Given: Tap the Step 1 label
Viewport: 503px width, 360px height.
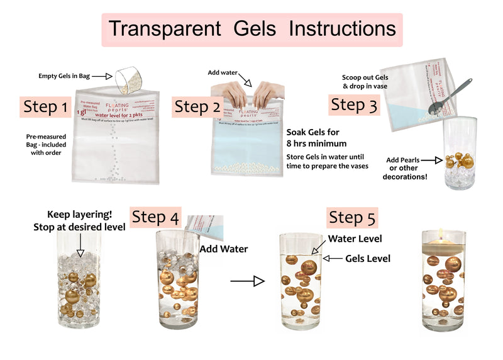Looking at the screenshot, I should pos(46,107).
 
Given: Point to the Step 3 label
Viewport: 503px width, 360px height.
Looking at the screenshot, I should pos(355,104).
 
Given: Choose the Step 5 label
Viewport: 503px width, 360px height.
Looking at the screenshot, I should pos(353,218).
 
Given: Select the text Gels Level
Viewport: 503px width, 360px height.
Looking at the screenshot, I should pos(368,258).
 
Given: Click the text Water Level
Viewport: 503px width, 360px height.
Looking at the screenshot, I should pos(355,239).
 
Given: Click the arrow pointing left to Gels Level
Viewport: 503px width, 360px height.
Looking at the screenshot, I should pos(335,258).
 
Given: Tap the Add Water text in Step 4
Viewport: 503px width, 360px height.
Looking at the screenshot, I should pos(223,249).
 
